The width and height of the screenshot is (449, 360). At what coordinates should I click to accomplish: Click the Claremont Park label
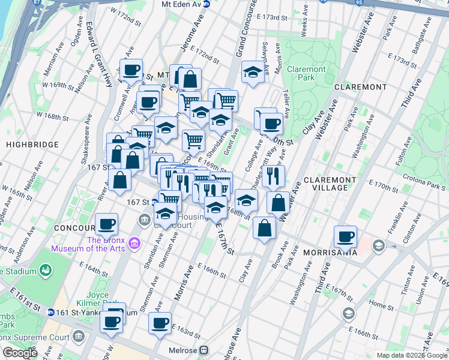(x=306, y=73)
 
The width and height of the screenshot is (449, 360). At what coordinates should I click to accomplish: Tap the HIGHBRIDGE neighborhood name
(x=32, y=145)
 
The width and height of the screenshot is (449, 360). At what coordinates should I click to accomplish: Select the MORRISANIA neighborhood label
(x=330, y=253)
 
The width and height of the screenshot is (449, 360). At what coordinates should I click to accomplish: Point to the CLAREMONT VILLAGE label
(x=326, y=184)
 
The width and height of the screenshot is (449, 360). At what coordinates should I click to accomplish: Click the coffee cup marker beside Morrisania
(x=345, y=236)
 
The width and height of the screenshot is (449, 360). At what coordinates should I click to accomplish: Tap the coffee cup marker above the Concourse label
(x=106, y=224)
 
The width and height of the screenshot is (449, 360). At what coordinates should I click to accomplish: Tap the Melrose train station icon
(x=205, y=350)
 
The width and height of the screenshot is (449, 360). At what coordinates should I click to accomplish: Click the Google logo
(x=20, y=353)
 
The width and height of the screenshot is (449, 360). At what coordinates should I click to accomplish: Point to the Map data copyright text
(x=411, y=355)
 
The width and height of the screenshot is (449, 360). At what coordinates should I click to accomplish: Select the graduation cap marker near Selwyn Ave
(x=253, y=73)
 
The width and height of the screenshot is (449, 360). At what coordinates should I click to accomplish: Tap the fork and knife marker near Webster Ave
(x=273, y=175)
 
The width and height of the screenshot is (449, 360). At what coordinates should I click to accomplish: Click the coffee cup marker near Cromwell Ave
(x=131, y=70)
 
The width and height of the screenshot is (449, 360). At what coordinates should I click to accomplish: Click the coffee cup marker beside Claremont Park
(x=271, y=124)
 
